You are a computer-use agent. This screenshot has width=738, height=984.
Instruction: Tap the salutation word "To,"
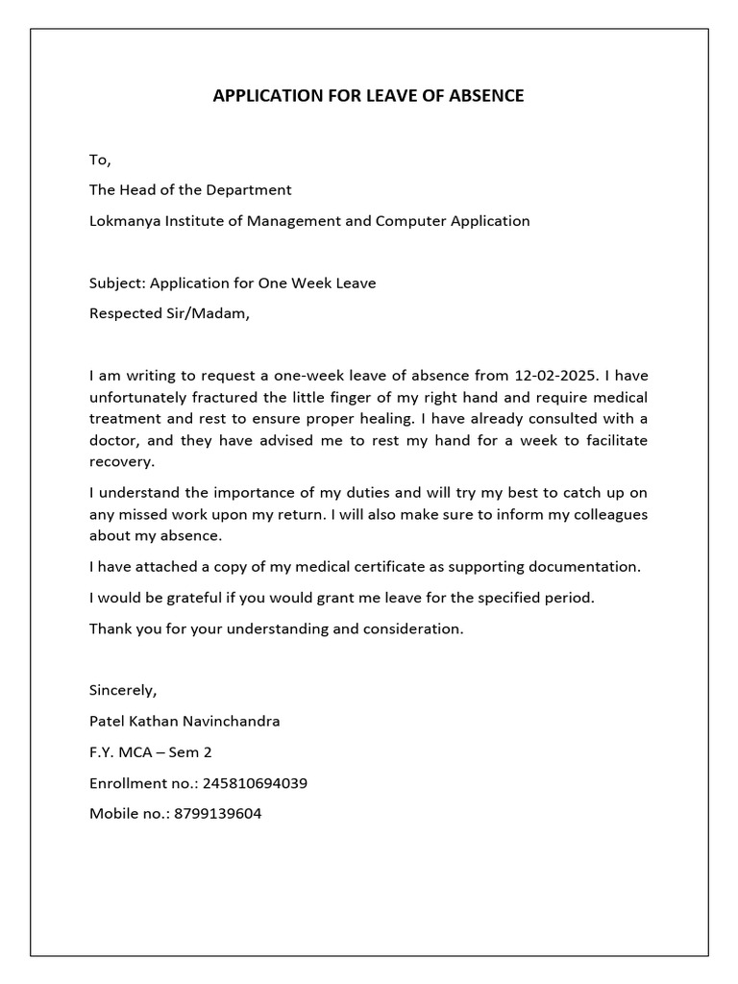point(100,159)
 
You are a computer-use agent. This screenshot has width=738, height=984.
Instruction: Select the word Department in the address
point(248,189)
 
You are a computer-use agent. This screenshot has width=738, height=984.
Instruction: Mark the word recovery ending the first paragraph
point(121,461)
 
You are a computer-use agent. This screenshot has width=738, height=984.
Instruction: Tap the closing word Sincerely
point(122,690)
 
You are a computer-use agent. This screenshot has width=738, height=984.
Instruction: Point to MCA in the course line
point(135,751)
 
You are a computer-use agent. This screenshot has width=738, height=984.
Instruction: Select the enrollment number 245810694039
point(248,782)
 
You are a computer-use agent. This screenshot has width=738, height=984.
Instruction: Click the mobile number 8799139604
point(214,813)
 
